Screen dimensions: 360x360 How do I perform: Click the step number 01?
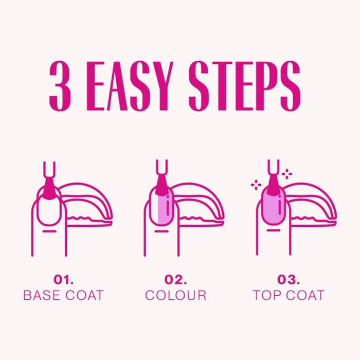tap(64, 280)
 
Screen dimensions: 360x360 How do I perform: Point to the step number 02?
tap(175, 280)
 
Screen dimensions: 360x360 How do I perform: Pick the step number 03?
tap(288, 280)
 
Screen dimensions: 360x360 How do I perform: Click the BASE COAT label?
tap(64, 296)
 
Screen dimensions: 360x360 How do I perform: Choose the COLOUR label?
tap(175, 296)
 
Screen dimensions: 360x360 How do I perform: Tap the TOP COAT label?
tap(289, 296)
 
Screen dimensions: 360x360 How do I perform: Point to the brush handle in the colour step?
tap(161, 170)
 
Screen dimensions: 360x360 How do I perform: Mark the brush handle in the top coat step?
tap(273, 170)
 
